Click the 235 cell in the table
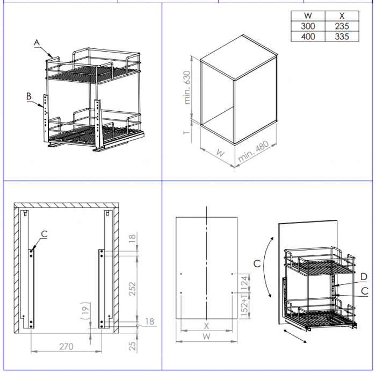(342, 26)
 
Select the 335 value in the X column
(342, 37)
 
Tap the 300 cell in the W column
(308, 26)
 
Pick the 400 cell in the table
(308, 37)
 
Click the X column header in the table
(342, 16)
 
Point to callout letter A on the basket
(37, 42)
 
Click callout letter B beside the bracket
(29, 96)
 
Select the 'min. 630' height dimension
(187, 88)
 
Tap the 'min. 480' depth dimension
(253, 151)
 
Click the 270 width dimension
(66, 347)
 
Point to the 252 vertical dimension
(132, 289)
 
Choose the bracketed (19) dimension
(85, 311)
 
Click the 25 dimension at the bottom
(132, 346)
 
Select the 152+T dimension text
(244, 306)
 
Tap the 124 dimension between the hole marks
(244, 283)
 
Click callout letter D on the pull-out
(364, 277)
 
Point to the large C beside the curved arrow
(257, 263)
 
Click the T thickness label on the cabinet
(187, 133)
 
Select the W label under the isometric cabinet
(221, 153)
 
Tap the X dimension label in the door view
(206, 326)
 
